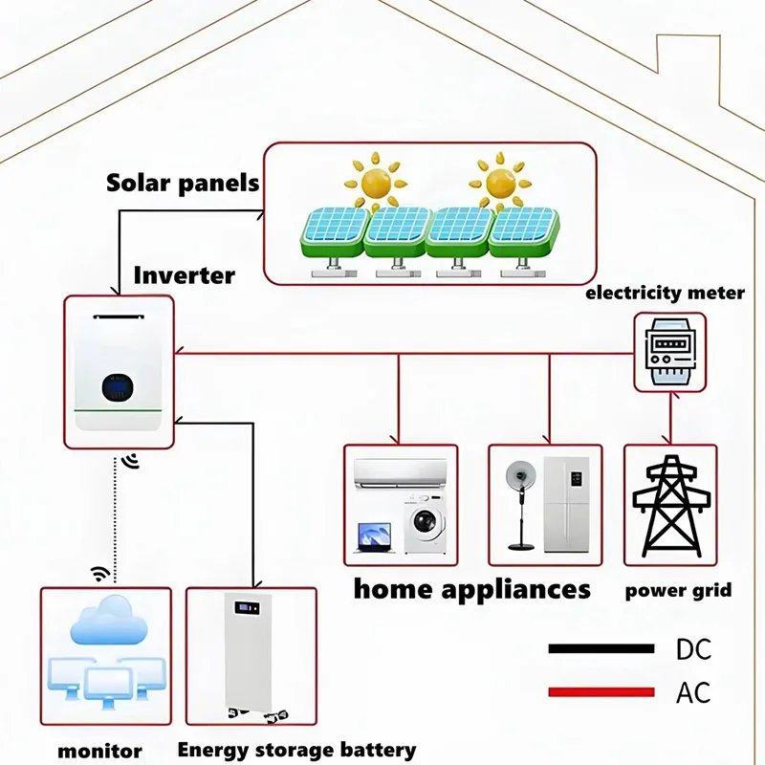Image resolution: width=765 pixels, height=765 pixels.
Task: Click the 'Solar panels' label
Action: [x=183, y=183]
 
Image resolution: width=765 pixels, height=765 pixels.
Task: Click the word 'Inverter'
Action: [x=185, y=275]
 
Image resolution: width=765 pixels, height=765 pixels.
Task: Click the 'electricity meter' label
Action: [x=665, y=293]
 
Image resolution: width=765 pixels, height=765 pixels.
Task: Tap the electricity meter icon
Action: [x=670, y=354]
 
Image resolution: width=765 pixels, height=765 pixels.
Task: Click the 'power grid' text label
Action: [x=678, y=589]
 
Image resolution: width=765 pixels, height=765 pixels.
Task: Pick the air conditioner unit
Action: [x=400, y=473]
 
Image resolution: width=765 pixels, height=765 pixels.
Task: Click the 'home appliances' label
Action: [x=471, y=588]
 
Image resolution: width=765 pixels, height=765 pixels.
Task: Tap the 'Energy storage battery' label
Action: [x=296, y=749]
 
